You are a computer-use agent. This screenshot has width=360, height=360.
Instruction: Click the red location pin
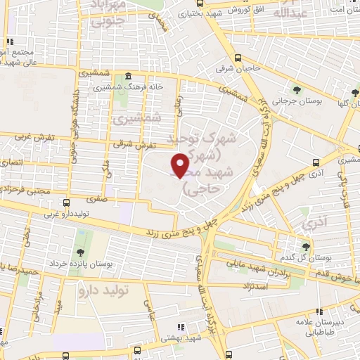180,165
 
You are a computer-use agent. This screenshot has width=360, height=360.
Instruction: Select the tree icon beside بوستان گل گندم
305,246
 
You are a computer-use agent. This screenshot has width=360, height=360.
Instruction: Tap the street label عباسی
148,308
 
